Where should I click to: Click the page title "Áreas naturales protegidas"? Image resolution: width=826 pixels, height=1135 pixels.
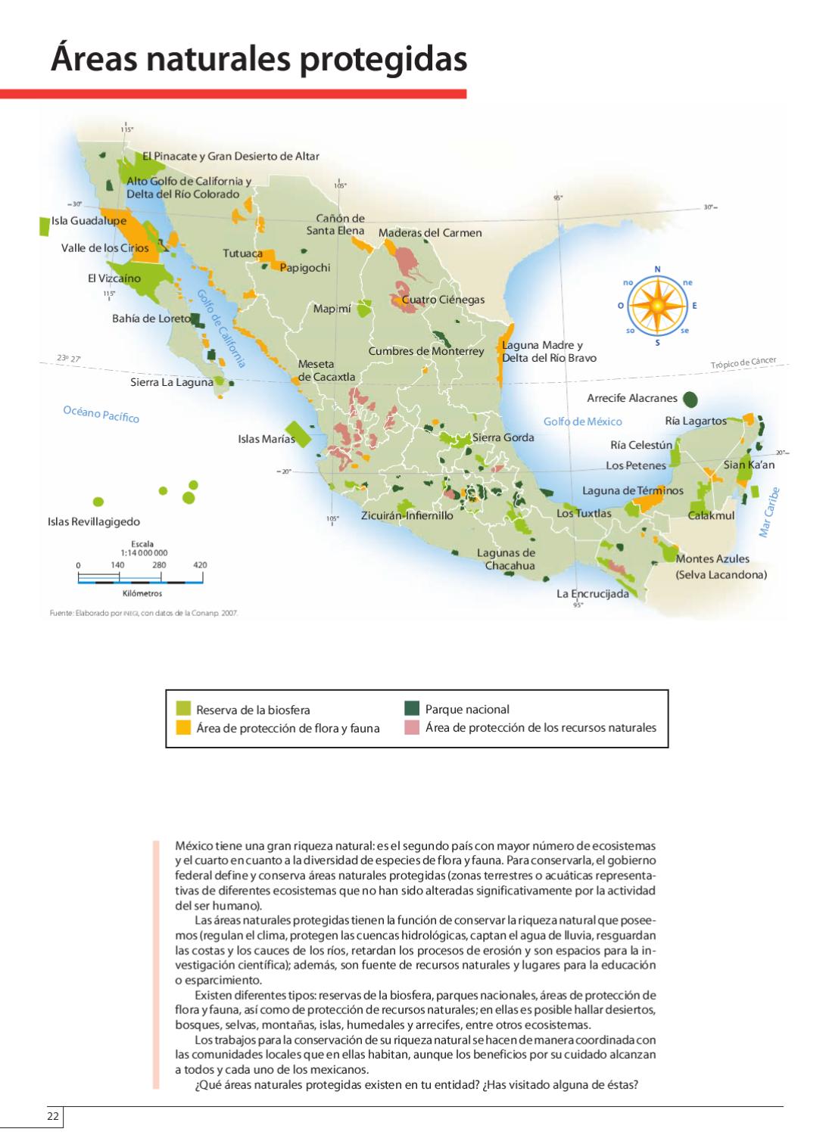tap(258, 59)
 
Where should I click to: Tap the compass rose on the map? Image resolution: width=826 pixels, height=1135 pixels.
tap(657, 306)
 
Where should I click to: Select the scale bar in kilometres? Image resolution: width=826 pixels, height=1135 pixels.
tap(141, 580)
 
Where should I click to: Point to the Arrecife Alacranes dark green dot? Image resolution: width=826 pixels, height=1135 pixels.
tap(690, 399)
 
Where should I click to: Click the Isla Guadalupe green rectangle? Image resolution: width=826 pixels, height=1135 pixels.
tap(44, 225)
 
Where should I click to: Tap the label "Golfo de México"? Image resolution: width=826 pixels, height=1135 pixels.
tap(582, 421)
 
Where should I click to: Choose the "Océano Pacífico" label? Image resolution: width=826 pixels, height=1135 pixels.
tap(101, 414)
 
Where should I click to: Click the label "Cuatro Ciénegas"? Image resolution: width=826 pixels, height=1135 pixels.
tap(443, 300)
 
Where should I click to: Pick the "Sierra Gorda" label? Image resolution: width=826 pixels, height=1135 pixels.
tap(503, 437)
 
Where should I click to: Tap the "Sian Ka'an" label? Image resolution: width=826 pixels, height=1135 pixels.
tap(749, 465)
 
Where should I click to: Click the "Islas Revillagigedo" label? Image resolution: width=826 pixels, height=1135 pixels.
tap(94, 521)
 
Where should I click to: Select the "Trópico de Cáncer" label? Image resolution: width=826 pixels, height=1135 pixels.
tap(743, 364)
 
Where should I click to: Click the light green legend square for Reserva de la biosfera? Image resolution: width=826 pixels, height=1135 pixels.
tap(183, 709)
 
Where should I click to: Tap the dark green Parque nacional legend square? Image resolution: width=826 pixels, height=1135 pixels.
tap(412, 708)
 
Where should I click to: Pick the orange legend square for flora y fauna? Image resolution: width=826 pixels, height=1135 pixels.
tap(183, 728)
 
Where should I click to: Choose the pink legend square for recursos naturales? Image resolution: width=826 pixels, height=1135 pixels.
tap(412, 728)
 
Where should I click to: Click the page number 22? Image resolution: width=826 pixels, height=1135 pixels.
tap(53, 1117)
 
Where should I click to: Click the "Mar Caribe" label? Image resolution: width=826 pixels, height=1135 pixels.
tap(769, 512)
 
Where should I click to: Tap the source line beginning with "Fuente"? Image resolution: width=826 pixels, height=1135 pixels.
tap(144, 614)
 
